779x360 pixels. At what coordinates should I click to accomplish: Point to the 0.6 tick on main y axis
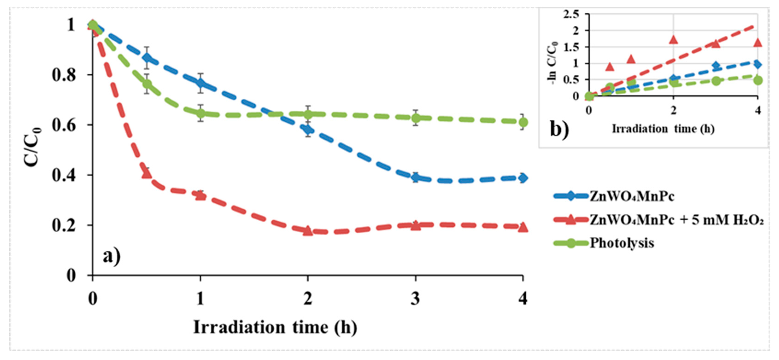pyautogui.click(x=64, y=125)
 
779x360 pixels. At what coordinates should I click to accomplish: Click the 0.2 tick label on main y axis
pyautogui.click(x=64, y=225)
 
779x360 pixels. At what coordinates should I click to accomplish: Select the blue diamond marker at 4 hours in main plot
pyautogui.click(x=523, y=178)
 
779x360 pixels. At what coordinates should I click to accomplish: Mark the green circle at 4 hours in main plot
pyautogui.click(x=523, y=122)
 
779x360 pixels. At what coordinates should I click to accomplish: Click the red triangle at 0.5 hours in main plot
pyautogui.click(x=147, y=173)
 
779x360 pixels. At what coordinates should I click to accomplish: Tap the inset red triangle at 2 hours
pyautogui.click(x=673, y=40)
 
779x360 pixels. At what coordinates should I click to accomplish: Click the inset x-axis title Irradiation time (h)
pyautogui.click(x=663, y=129)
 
